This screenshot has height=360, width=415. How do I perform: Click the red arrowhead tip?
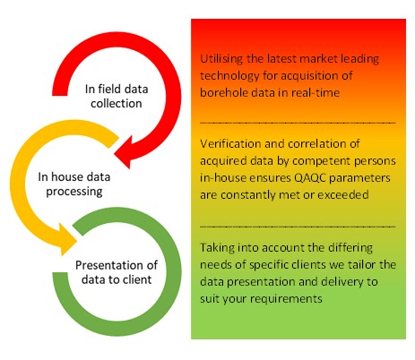(115, 154)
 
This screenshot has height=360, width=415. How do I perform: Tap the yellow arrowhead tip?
(77, 241)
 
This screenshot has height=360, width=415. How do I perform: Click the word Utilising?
(221, 59)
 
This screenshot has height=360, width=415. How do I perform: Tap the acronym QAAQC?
(310, 178)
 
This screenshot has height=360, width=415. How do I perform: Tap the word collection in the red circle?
(117, 103)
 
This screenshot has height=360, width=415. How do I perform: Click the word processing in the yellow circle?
(74, 192)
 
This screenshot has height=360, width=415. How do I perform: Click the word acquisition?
(310, 76)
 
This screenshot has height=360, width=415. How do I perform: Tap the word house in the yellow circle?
(67, 176)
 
